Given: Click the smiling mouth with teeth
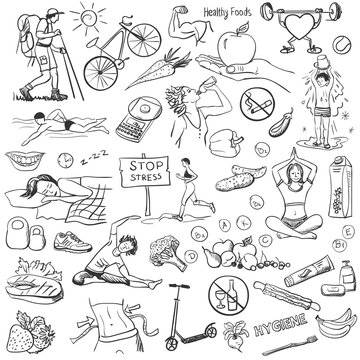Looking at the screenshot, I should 31,158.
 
